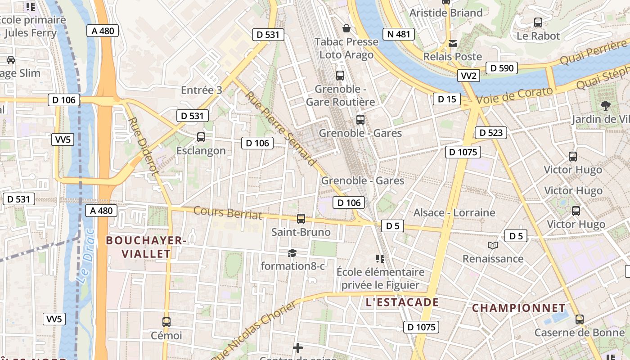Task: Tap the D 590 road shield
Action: click(502, 68)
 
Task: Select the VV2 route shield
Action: click(468, 76)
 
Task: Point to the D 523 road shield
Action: click(491, 132)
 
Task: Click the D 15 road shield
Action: click(447, 99)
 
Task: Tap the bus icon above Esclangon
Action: click(201, 137)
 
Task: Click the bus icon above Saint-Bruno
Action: click(301, 219)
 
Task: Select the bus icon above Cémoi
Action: click(166, 322)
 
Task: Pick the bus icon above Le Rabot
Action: click(538, 22)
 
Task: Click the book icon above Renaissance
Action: click(493, 245)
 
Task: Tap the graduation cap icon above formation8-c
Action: click(292, 253)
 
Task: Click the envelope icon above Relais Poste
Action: click(453, 43)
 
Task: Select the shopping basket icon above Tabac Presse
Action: click(346, 28)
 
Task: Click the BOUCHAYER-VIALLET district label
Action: click(146, 247)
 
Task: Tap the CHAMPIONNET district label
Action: click(519, 308)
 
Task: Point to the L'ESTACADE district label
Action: click(402, 302)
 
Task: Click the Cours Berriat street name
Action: click(228, 212)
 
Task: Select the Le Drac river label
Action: click(85, 256)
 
